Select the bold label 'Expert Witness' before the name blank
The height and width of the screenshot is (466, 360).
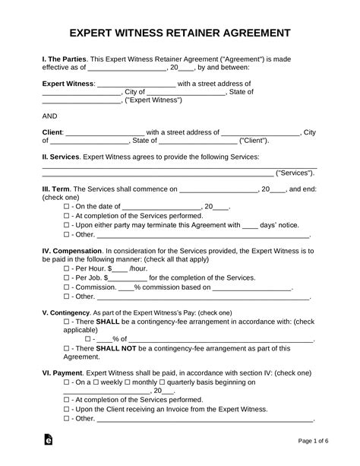point(68,84)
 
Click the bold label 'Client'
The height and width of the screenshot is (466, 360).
point(52,132)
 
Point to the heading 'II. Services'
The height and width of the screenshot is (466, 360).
point(60,157)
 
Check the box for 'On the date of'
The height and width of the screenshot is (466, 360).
point(68,207)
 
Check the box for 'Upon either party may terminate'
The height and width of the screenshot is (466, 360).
point(68,225)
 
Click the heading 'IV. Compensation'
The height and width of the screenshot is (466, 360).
point(73,251)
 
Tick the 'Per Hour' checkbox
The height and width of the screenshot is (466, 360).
point(68,269)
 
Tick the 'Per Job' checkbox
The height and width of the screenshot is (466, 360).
point(68,278)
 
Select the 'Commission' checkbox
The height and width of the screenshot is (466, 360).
point(68,288)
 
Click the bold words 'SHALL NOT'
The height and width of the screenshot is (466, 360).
point(121,348)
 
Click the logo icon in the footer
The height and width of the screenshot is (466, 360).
point(49,440)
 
